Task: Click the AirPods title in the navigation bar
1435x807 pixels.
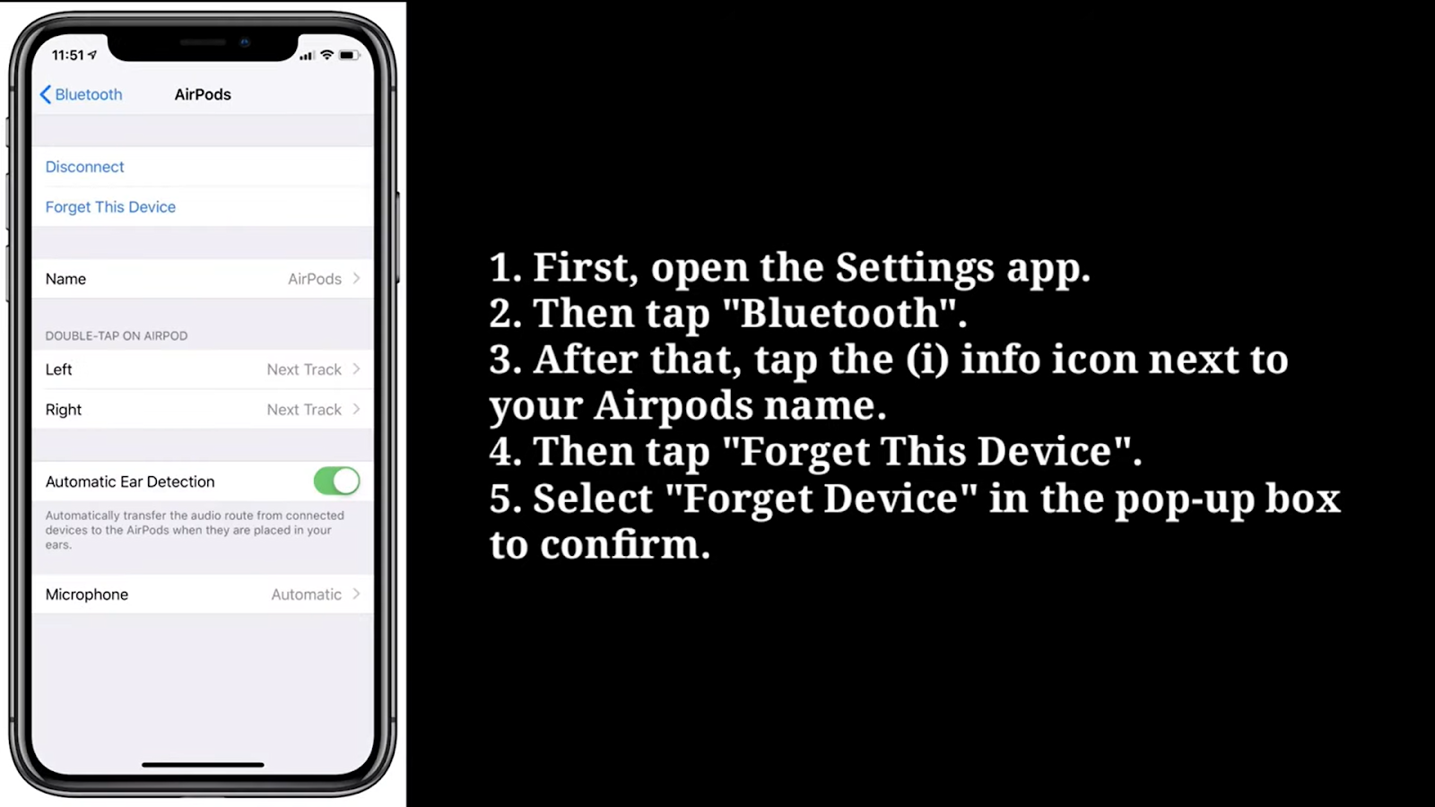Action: click(203, 95)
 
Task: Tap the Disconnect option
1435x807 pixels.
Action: click(84, 167)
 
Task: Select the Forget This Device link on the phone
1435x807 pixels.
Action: click(110, 207)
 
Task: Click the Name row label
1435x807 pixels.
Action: click(65, 279)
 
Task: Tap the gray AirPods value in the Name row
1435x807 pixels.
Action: click(315, 279)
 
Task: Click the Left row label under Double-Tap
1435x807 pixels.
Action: click(58, 369)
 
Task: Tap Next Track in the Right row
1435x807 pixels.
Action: click(304, 409)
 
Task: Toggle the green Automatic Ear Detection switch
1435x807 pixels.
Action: click(337, 481)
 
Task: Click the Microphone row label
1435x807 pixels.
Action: click(86, 594)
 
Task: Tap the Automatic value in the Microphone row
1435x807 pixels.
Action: click(306, 594)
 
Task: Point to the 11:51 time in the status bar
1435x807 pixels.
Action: click(68, 55)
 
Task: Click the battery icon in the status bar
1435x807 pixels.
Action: click(348, 55)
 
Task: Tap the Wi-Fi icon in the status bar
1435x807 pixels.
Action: click(326, 55)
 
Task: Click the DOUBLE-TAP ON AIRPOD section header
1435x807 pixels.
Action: click(117, 335)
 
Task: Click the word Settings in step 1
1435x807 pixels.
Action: click(915, 267)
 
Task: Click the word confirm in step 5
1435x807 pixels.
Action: click(625, 544)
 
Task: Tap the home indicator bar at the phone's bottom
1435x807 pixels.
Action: click(203, 765)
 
